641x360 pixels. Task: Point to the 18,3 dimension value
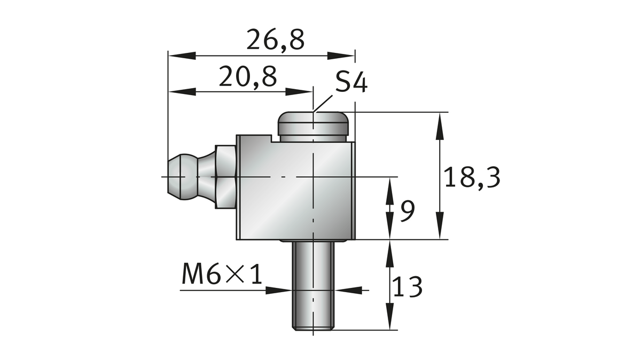472,177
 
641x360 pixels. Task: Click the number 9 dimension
407,212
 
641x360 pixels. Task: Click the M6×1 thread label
222,275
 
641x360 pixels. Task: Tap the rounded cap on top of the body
313,124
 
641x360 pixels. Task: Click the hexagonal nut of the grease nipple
225,176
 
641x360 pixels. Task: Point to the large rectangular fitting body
296,187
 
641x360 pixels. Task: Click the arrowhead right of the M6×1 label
347,289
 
